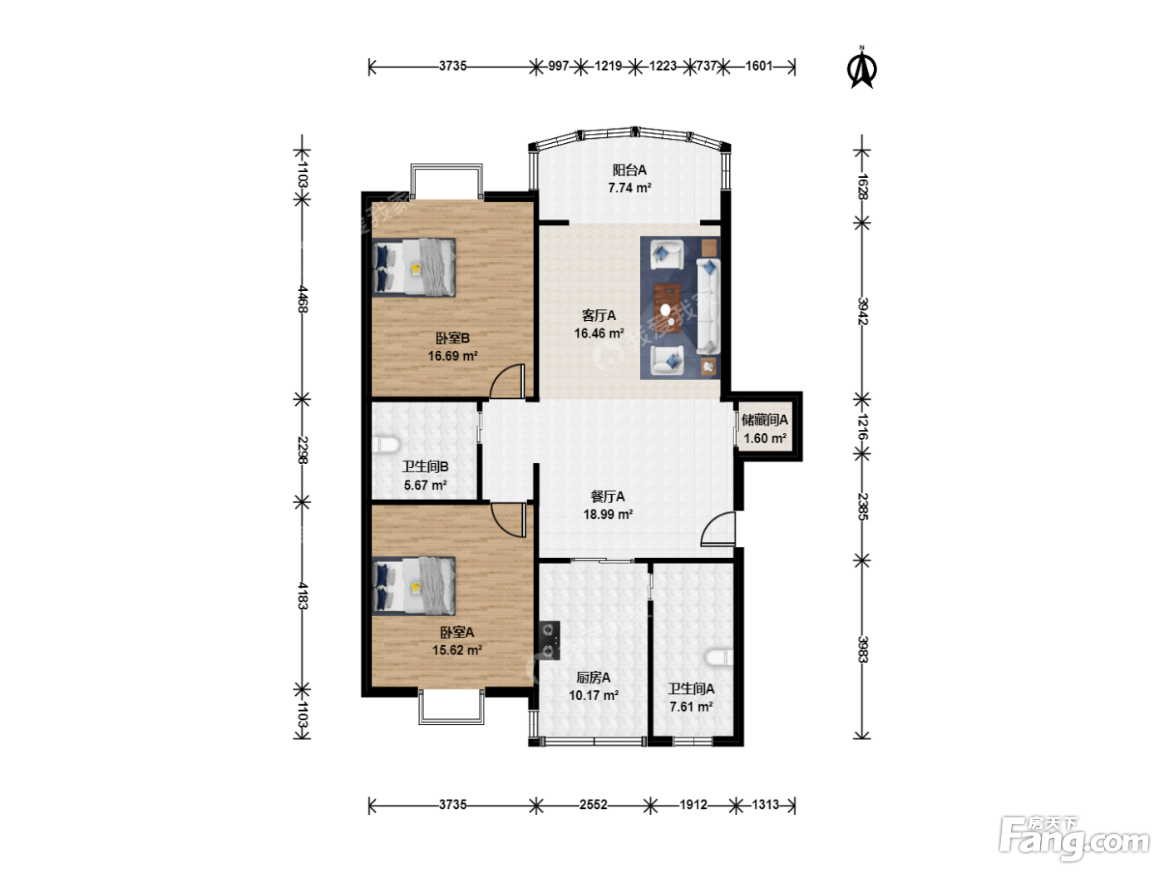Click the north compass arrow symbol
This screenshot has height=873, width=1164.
point(862,68)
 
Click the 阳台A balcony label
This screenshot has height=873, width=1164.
point(629,170)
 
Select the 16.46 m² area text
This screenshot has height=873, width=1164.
point(599,333)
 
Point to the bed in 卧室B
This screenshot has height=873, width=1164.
point(413,269)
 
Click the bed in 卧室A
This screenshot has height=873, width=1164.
point(413,585)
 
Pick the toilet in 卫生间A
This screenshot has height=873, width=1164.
point(720,658)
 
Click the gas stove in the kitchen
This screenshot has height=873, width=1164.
point(550,640)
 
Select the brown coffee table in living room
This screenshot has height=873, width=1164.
point(668,308)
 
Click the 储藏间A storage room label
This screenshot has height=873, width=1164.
point(765,421)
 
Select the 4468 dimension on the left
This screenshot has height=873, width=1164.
point(303,299)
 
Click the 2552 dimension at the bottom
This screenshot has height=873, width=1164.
point(594,805)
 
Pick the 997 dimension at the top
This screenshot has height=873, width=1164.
point(559,66)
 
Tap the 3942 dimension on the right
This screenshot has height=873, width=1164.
point(863,311)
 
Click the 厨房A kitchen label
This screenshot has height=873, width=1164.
point(594,678)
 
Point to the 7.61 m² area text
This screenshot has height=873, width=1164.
point(691,707)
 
